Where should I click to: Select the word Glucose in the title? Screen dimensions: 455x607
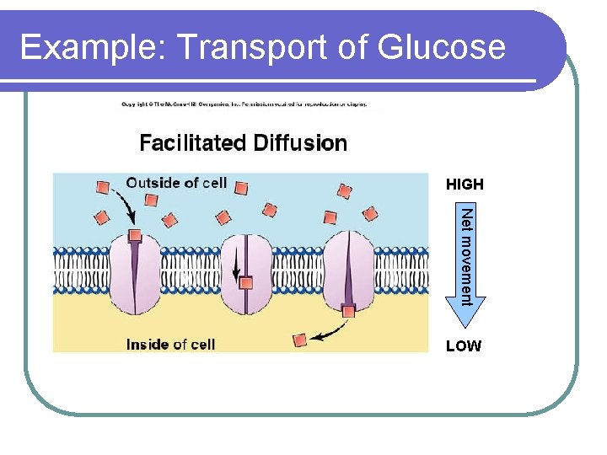tap(442, 47)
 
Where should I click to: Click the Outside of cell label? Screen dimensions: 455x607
tap(176, 183)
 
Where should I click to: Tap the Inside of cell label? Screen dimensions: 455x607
tap(170, 344)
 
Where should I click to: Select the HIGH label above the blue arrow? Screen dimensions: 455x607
tap(465, 184)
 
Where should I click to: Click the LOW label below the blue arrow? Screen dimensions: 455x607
tap(464, 345)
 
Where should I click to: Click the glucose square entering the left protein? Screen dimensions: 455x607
tap(134, 235)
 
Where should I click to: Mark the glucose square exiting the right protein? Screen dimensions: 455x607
tap(348, 312)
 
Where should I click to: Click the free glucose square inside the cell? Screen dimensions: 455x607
tap(299, 340)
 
